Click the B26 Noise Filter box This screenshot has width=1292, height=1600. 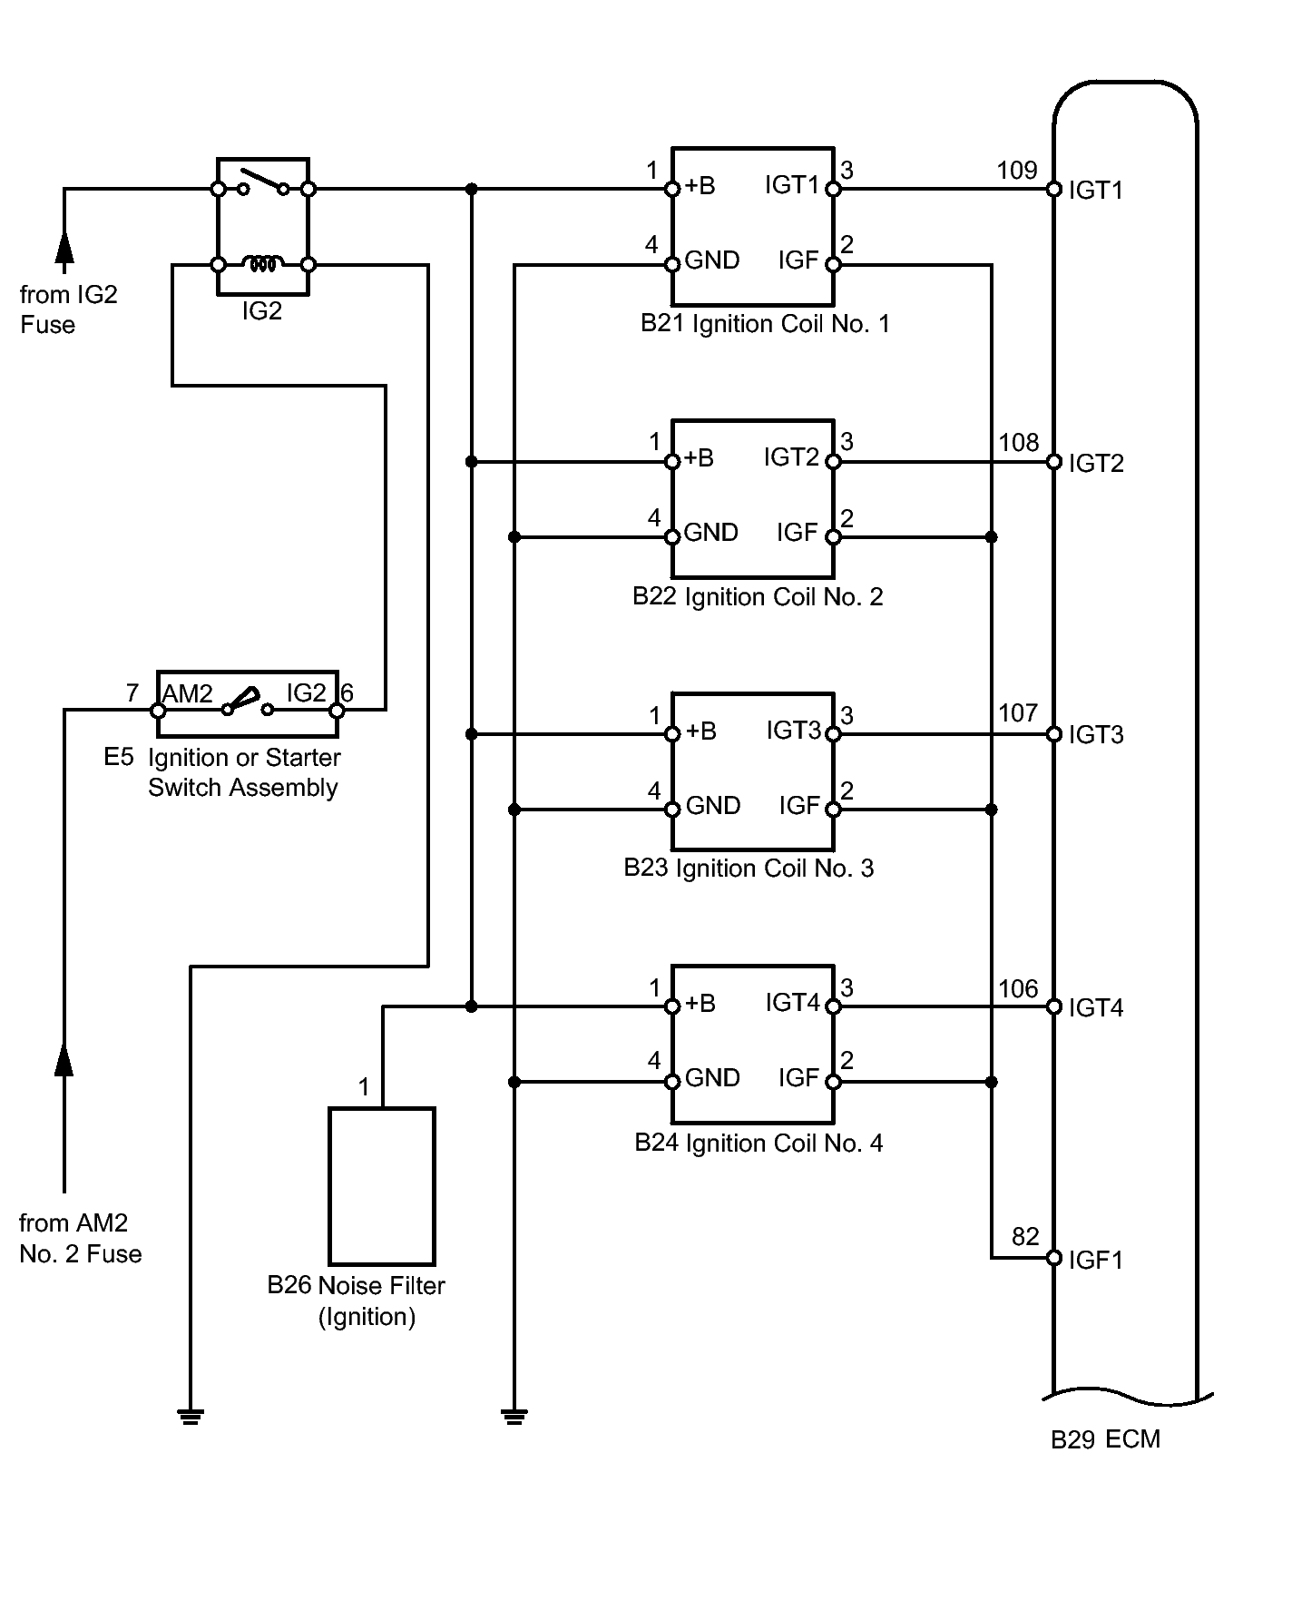[x=382, y=1185]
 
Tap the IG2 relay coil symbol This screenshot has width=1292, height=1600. [x=263, y=264]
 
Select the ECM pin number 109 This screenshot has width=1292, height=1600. [x=1016, y=171]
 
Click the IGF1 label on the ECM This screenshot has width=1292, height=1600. [x=1096, y=1260]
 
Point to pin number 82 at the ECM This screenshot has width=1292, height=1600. [x=1025, y=1237]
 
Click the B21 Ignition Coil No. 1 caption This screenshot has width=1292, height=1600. [x=765, y=324]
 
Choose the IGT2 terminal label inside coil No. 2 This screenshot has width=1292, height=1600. [x=791, y=457]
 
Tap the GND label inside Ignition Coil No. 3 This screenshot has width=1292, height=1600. [x=713, y=806]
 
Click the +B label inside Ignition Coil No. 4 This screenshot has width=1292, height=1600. [x=700, y=1004]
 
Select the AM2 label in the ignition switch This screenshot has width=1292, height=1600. [x=188, y=694]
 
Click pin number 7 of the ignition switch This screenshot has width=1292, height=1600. [x=132, y=693]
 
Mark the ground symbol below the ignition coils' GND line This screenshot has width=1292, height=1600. [x=514, y=1416]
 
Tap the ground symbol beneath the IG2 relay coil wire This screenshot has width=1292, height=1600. [x=191, y=1416]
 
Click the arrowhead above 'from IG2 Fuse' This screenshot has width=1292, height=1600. [x=64, y=248]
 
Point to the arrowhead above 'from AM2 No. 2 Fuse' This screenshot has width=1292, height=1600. [x=64, y=1059]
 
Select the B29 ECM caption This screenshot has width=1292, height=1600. [x=1105, y=1440]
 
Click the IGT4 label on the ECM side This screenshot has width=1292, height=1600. [x=1096, y=1008]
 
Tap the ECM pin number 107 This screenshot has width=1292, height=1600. [x=1018, y=713]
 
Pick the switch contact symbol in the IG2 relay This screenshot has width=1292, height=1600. [x=263, y=182]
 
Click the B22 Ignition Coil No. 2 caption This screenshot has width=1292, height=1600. [x=758, y=597]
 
